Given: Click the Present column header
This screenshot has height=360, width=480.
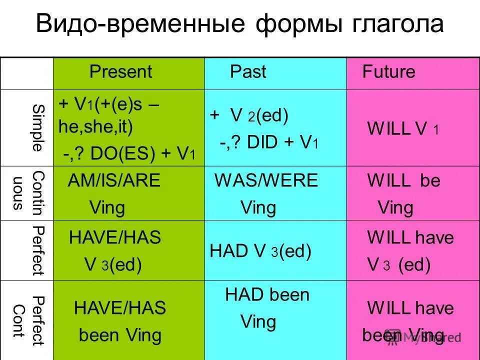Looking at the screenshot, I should coord(120,72).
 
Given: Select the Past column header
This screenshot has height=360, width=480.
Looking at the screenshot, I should coord(248,72).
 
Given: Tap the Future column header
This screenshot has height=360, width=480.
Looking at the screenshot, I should coord(388,72).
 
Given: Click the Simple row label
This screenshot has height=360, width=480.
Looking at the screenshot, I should coord(37,127).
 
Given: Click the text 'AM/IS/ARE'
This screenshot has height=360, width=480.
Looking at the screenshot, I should coord(114,180).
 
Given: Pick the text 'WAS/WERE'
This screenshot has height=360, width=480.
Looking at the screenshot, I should coord(266,180).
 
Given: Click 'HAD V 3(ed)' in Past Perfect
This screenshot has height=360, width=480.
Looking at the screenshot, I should coord(260,251).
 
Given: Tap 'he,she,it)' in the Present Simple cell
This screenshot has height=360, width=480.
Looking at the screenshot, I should coord(96,127).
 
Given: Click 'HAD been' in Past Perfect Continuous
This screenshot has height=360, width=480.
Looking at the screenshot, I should coord(267,295).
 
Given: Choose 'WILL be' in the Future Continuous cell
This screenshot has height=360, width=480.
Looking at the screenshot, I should coord(403,180).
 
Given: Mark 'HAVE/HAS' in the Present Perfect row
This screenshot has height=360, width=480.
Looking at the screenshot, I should coord(115,237).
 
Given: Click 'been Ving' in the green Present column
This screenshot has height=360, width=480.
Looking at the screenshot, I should coord(120,335).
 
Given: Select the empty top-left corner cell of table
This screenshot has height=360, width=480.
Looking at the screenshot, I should coord(26,73).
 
